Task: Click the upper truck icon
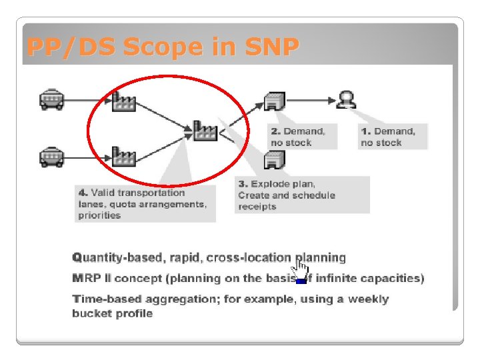51,99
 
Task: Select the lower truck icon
51,157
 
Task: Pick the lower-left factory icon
124,157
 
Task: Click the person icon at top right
346,99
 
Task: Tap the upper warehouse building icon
275,100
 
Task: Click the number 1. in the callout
366,131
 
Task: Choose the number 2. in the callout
276,131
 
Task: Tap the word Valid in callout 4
103,193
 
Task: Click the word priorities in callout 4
99,215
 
